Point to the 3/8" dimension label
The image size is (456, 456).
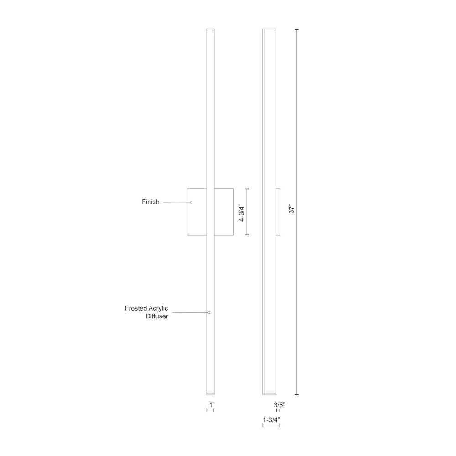[x=280, y=404]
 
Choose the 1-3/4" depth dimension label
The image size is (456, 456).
[x=271, y=419]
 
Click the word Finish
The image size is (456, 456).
[x=150, y=202]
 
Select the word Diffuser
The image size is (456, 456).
[x=154, y=316]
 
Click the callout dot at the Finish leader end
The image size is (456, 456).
[x=191, y=202]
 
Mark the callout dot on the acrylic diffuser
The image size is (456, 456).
[x=209, y=312]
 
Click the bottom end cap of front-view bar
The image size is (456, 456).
[x=210, y=393]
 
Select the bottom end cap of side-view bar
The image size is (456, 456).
[x=269, y=393]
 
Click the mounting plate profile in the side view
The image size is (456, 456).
[x=278, y=212]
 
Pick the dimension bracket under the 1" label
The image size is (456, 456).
[x=210, y=410]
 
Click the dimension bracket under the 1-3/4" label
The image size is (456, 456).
[x=271, y=425]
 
